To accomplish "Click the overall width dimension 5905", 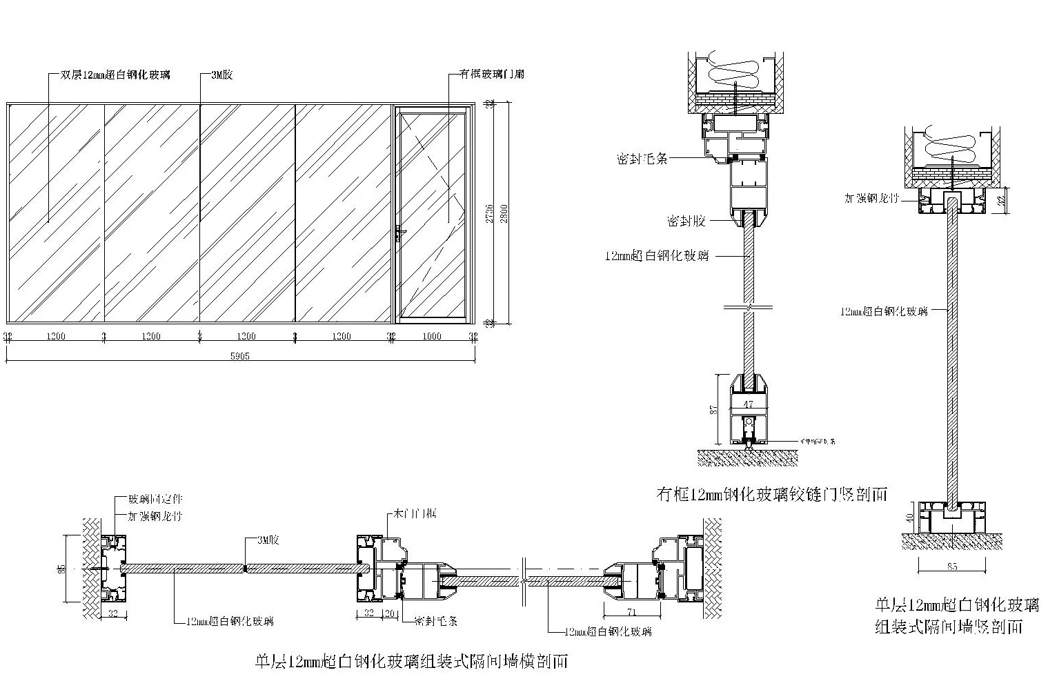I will point(240,356).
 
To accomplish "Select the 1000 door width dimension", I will point(432,336).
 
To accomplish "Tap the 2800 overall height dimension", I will point(504,213).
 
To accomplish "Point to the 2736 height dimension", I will point(489,213).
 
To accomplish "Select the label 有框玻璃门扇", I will point(491,74).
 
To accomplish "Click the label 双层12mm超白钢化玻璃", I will point(115,75).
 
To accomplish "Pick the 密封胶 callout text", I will point(686,221).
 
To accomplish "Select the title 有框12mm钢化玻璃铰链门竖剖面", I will point(772,494).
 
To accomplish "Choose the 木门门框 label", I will point(415,513).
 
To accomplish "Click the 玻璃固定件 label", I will point(155,499).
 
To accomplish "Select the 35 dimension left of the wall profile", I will point(62,569).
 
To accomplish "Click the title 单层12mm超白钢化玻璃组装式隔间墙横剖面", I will point(412,662).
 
